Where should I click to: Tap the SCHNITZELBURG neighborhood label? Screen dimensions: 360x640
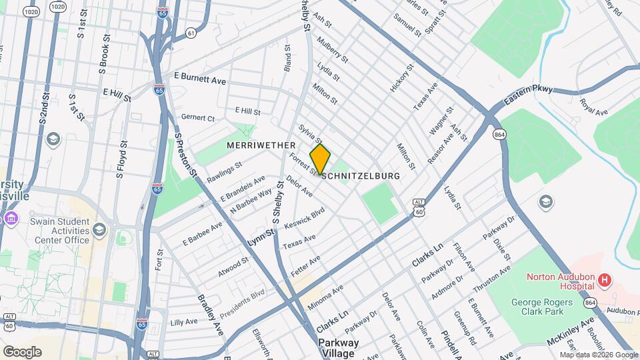(361, 176)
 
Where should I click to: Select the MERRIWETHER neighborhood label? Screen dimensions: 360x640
(261, 145)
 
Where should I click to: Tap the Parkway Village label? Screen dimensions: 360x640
(338, 347)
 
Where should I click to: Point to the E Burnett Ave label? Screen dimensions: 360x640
(200, 79)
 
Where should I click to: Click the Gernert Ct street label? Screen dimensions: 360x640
(198, 118)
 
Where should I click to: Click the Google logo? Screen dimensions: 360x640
(21, 351)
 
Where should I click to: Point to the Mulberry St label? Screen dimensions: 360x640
(337, 50)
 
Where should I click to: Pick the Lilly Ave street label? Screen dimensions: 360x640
(184, 322)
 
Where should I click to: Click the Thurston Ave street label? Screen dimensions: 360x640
(489, 280)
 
